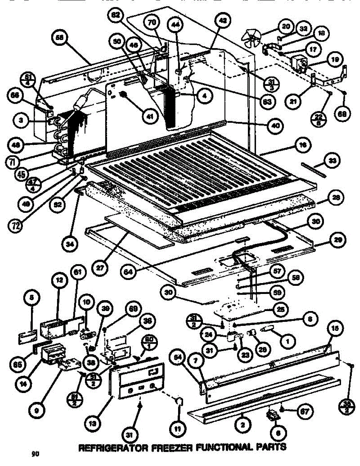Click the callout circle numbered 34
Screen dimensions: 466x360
click(x=73, y=245)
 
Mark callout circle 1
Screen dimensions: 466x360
click(x=287, y=342)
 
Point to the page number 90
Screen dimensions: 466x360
click(x=35, y=453)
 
